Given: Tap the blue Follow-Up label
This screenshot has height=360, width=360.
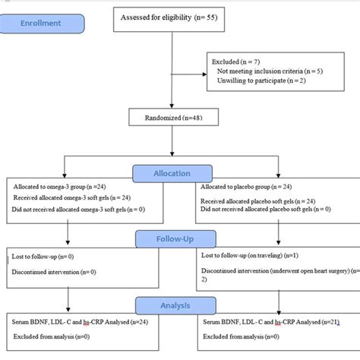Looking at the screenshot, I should coord(172,239).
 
